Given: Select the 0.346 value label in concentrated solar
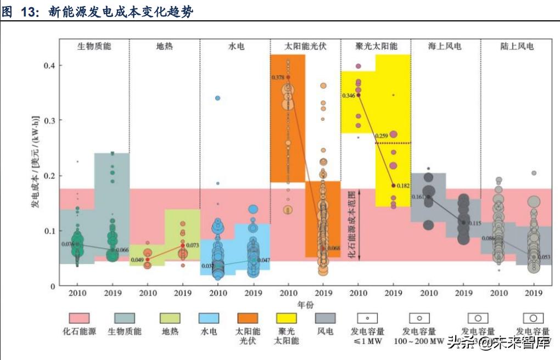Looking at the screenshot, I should (x=348, y=96).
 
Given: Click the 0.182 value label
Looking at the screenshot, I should (x=403, y=187).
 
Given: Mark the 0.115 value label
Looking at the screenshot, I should (x=473, y=223).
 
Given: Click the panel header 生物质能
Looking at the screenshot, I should (x=94, y=46).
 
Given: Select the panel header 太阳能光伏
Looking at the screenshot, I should (x=306, y=46).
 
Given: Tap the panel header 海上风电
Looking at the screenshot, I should (x=445, y=46).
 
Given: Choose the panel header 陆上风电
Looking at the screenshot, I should (x=517, y=46).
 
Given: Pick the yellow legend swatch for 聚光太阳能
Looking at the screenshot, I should (x=285, y=318).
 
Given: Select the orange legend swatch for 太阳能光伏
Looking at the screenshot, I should (x=248, y=318).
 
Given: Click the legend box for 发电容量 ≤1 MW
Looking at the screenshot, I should (x=367, y=318).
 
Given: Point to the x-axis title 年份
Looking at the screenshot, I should (x=306, y=305).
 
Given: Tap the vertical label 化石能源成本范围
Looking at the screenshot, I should (x=352, y=225).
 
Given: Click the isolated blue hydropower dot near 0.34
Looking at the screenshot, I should (x=218, y=98).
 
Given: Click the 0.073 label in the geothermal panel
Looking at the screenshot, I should (x=192, y=245).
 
